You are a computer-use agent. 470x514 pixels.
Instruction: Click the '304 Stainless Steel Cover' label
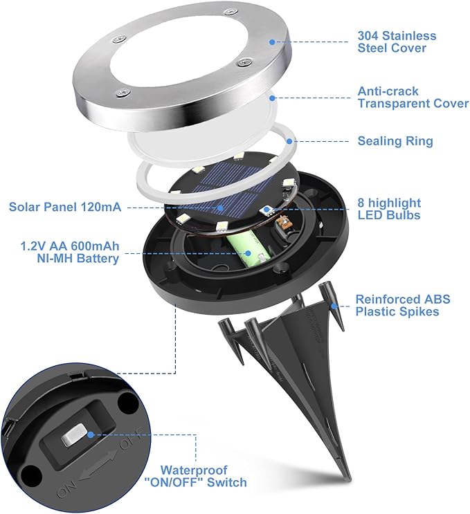click(x=397, y=42)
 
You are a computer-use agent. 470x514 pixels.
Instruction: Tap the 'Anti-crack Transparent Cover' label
click(x=413, y=97)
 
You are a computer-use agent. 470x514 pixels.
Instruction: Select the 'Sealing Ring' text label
click(x=395, y=141)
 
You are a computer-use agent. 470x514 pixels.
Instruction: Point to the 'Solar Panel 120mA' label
click(x=65, y=207)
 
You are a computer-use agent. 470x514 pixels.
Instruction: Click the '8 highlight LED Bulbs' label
click(x=389, y=209)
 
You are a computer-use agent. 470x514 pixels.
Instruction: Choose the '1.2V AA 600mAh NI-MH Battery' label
click(x=70, y=252)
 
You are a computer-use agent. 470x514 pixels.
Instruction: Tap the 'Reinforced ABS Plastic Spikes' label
click(x=403, y=305)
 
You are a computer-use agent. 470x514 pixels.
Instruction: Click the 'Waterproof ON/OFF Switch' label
click(x=195, y=477)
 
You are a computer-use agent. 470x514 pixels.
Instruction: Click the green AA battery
click(x=248, y=248)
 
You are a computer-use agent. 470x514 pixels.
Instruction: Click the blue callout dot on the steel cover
click(x=272, y=42)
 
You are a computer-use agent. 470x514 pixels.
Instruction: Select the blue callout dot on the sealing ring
click(x=289, y=141)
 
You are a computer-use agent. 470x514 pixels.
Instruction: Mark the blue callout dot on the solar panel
click(x=221, y=208)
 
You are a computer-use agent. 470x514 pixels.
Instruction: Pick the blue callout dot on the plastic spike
click(x=334, y=306)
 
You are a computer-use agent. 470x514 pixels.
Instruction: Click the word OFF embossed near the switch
click(x=132, y=439)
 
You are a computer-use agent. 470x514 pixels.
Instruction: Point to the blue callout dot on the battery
click(x=248, y=253)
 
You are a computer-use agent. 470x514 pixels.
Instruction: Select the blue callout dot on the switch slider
click(x=91, y=434)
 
